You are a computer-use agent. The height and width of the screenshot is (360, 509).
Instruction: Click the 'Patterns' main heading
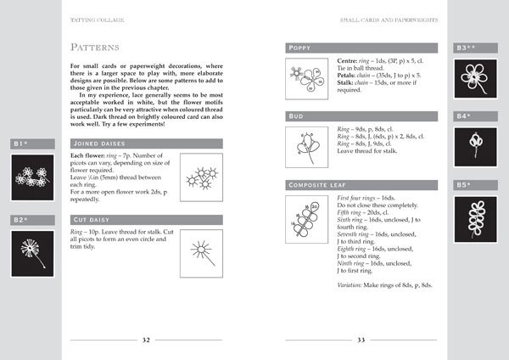[94, 46]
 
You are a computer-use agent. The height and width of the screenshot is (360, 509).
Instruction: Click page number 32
[146, 339]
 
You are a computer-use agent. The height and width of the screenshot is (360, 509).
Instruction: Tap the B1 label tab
[21, 143]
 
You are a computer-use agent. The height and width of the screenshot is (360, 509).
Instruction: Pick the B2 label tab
[21, 220]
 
